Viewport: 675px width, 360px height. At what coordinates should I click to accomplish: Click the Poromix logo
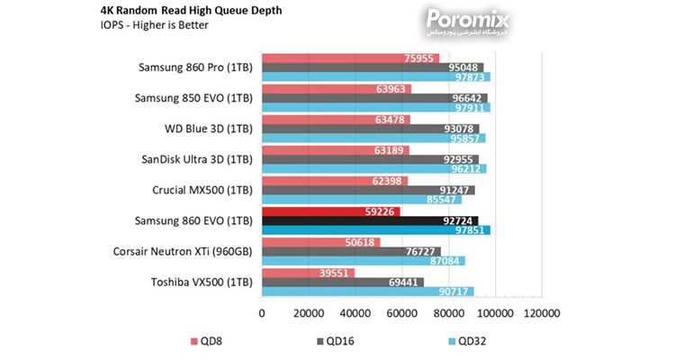pos(467,22)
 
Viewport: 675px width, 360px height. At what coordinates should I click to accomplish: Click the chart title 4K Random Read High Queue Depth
pos(191,10)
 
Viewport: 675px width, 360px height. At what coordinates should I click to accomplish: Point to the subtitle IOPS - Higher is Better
pos(154,25)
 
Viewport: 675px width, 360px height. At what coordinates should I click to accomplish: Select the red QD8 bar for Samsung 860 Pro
pos(350,58)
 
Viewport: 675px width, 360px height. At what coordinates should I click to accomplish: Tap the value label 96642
pos(466,98)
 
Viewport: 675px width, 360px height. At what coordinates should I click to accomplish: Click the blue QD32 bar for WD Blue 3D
pos(373,139)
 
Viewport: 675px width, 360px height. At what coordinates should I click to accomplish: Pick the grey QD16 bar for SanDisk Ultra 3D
pos(370,159)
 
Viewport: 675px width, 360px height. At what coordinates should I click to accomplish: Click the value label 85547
pos(441,200)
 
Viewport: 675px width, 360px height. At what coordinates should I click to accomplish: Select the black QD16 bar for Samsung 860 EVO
pos(370,220)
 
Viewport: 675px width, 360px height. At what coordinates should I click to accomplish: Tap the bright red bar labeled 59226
pos(331,211)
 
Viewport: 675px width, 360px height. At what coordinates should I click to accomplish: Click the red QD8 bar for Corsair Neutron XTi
pos(321,242)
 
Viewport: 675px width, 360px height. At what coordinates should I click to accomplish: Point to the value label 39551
pos(334,273)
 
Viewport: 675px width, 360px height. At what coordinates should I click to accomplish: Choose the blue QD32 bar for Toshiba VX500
pos(368,292)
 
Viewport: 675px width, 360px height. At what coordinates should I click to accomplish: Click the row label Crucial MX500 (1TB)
pos(202,190)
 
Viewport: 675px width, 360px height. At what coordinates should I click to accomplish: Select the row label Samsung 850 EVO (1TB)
pos(193,98)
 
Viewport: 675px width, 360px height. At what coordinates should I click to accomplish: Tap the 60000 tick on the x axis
pos(401,313)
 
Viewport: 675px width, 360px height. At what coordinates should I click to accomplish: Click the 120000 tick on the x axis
pos(542,313)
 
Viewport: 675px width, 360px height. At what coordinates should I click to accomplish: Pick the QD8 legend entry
pos(207,341)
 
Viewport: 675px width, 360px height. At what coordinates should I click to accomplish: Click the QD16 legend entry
pos(336,341)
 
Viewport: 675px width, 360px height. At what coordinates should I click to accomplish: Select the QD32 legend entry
pos(467,341)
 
